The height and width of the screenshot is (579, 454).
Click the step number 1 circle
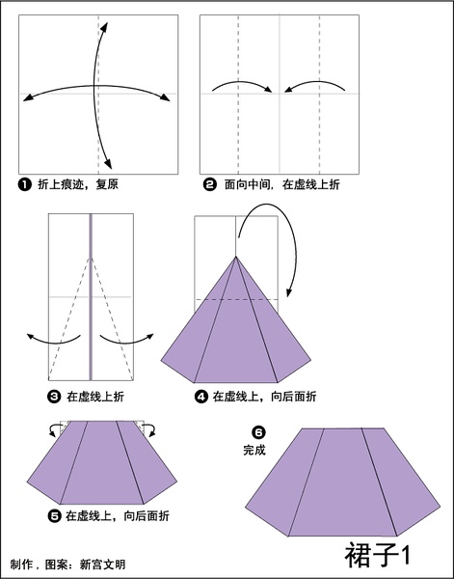pyautogui.click(x=25, y=184)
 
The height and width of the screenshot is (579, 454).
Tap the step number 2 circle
pyautogui.click(x=210, y=184)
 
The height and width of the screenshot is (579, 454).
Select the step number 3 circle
pyautogui.click(x=54, y=397)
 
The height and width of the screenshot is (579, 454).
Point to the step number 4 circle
pyautogui.click(x=201, y=397)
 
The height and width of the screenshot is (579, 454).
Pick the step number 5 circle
pyautogui.click(x=54, y=516)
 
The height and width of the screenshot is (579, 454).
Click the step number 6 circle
pyautogui.click(x=258, y=432)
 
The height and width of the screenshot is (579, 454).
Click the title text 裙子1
pyautogui.click(x=377, y=555)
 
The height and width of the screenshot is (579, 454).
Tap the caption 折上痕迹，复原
pyautogui.click(x=78, y=184)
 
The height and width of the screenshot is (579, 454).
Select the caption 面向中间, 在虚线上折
pyautogui.click(x=282, y=184)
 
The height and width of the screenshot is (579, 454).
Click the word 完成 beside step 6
pyautogui.click(x=254, y=450)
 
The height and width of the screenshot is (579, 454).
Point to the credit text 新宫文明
pyautogui.click(x=102, y=565)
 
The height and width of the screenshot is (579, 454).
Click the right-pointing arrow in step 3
pyautogui.click(x=126, y=342)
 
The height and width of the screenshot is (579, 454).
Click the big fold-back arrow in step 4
pyautogui.click(x=289, y=229)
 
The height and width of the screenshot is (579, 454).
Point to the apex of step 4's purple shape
pyautogui.click(x=235, y=257)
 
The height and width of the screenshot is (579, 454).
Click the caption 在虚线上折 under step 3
pyautogui.click(x=95, y=397)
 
